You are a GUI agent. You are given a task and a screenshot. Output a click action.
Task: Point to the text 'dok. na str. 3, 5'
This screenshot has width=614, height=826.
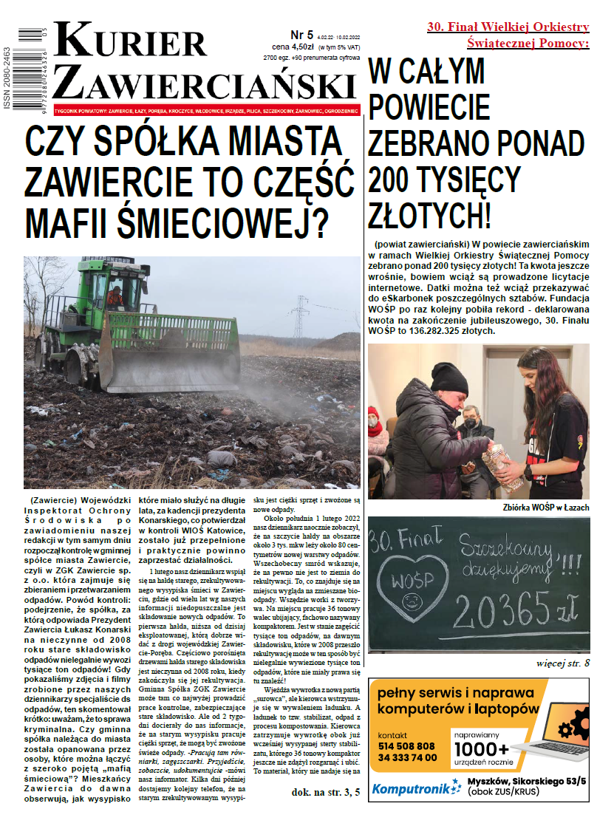(326, 793)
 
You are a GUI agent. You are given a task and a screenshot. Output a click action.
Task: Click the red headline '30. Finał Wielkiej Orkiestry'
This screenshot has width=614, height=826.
(508, 27)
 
